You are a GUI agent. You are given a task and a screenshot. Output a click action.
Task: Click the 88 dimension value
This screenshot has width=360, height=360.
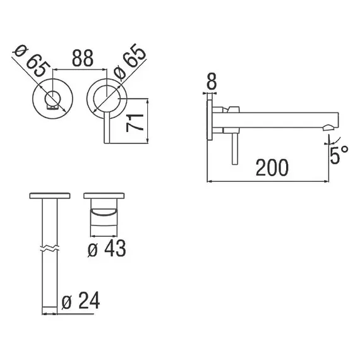pyautogui.click(x=83, y=58)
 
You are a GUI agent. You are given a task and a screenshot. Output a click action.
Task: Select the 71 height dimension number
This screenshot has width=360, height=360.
pyautogui.click(x=135, y=123)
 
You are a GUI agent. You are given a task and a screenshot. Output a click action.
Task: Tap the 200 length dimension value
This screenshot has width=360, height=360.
pyautogui.click(x=272, y=167)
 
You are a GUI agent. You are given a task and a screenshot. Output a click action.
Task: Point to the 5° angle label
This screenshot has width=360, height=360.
pyautogui.click(x=339, y=154)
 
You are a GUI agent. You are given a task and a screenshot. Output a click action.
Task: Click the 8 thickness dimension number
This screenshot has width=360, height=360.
pyautogui.click(x=212, y=81)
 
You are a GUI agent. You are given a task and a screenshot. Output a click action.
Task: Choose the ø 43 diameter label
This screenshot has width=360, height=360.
pyautogui.click(x=107, y=248)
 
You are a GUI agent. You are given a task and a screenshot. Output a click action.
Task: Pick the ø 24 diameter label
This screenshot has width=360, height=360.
pyautogui.click(x=81, y=301)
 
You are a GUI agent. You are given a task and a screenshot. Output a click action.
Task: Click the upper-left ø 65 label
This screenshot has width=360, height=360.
pyautogui.click(x=32, y=61)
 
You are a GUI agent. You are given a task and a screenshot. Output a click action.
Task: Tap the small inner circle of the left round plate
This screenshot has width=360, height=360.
pyautogui.click(x=53, y=99)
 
